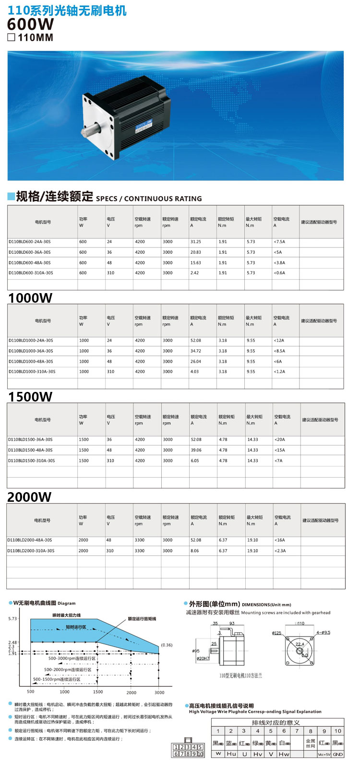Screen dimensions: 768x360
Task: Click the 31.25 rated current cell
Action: point(195,242)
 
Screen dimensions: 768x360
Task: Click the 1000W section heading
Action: point(30,298)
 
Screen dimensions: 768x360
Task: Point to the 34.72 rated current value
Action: point(195,351)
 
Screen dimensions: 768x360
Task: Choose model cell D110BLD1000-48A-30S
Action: point(31,362)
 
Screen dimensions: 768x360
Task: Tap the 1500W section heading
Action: point(30,397)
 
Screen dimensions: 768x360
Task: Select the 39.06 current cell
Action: point(196,450)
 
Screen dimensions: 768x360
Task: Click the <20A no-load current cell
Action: point(279,440)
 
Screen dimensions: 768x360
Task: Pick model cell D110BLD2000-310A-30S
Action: point(31,551)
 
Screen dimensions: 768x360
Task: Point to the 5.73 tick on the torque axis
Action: point(12,619)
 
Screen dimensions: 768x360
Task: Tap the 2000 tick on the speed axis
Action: point(131,693)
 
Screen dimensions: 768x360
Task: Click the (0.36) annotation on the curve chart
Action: point(167,645)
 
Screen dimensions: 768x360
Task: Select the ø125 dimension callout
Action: point(276,633)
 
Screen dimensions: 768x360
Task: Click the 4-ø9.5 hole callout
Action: point(323,633)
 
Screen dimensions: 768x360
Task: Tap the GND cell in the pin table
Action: point(338,754)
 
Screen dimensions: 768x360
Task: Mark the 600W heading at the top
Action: point(31,24)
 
